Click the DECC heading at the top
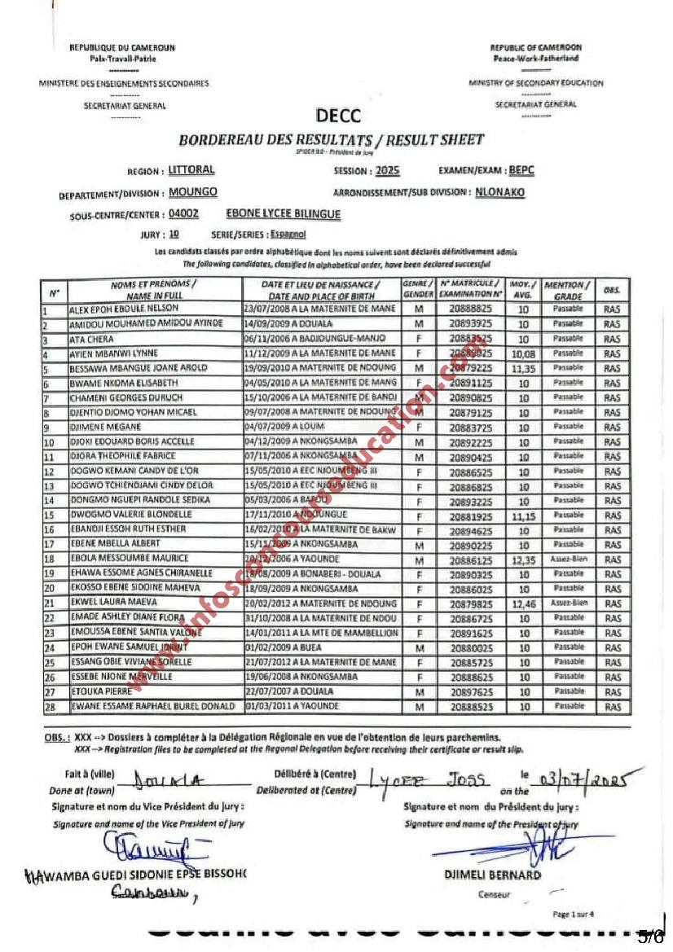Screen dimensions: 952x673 coord(337,116)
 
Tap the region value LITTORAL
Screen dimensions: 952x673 coord(191,170)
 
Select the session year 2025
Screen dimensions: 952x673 coord(388,171)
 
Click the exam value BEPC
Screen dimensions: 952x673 coord(521,170)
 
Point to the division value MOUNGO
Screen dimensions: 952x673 coord(193,193)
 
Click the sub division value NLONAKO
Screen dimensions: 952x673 coord(500,193)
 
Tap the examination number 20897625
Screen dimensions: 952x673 coord(464,691)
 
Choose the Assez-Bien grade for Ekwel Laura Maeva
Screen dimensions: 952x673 coord(568,603)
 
